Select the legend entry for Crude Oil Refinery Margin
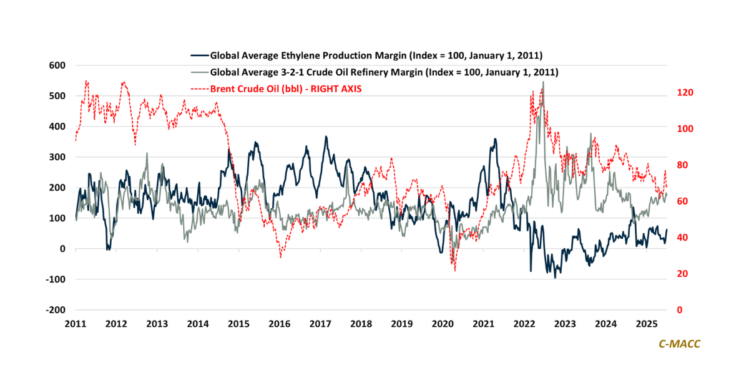[x=384, y=72]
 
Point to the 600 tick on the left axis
[x=57, y=65]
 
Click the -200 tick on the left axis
[x=55, y=310]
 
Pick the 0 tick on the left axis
[x=62, y=249]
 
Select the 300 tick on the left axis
[x=57, y=157]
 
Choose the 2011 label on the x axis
[x=76, y=324]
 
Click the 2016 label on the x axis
[x=279, y=324]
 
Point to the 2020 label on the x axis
[x=442, y=324]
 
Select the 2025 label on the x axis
[x=646, y=324]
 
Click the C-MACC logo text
[x=680, y=344]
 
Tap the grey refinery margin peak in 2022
[x=543, y=82]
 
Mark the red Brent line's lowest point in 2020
[x=454, y=271]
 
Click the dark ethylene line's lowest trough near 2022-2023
[x=556, y=278]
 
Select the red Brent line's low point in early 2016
[x=281, y=257]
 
